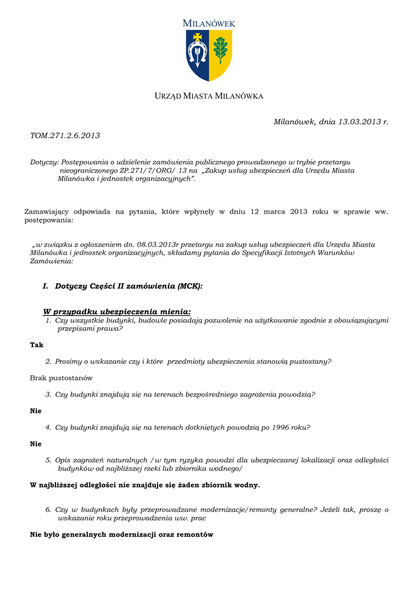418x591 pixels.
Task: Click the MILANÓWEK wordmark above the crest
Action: [x=209, y=24]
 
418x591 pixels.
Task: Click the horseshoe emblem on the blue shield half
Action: [x=197, y=55]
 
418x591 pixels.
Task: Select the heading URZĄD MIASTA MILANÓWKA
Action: [x=209, y=96]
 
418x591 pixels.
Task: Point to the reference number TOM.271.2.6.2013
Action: [x=65, y=136]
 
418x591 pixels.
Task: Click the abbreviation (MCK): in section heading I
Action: [x=190, y=286]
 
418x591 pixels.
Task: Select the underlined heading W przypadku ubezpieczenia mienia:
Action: [x=117, y=312]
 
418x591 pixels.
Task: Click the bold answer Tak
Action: [x=36, y=345]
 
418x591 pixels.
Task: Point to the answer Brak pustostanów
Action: [x=61, y=378]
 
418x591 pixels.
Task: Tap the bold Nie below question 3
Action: [x=36, y=411]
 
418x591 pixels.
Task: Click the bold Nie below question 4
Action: [x=36, y=444]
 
